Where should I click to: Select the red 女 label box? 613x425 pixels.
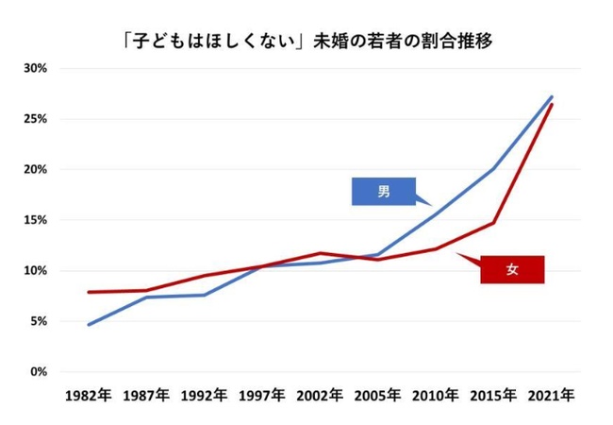point(512,270)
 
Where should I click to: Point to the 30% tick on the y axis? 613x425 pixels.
point(35,69)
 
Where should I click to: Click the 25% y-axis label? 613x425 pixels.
point(35,119)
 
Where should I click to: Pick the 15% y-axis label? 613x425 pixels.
point(35,220)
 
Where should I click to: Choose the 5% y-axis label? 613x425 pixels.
point(38,321)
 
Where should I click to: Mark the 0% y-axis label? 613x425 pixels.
point(38,372)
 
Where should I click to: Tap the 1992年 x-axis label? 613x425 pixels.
point(204,396)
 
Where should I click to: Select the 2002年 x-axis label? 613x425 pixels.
point(320,396)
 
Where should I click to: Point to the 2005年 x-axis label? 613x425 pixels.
point(377,396)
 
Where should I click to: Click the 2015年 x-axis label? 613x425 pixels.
point(493,396)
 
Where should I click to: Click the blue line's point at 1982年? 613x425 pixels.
point(88,325)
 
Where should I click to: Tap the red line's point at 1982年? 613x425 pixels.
point(88,292)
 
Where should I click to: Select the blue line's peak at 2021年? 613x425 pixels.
point(552,96)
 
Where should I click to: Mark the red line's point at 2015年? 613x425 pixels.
point(493,223)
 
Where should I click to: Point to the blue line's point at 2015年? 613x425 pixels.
point(493,169)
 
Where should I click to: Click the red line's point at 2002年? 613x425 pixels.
point(320,253)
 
